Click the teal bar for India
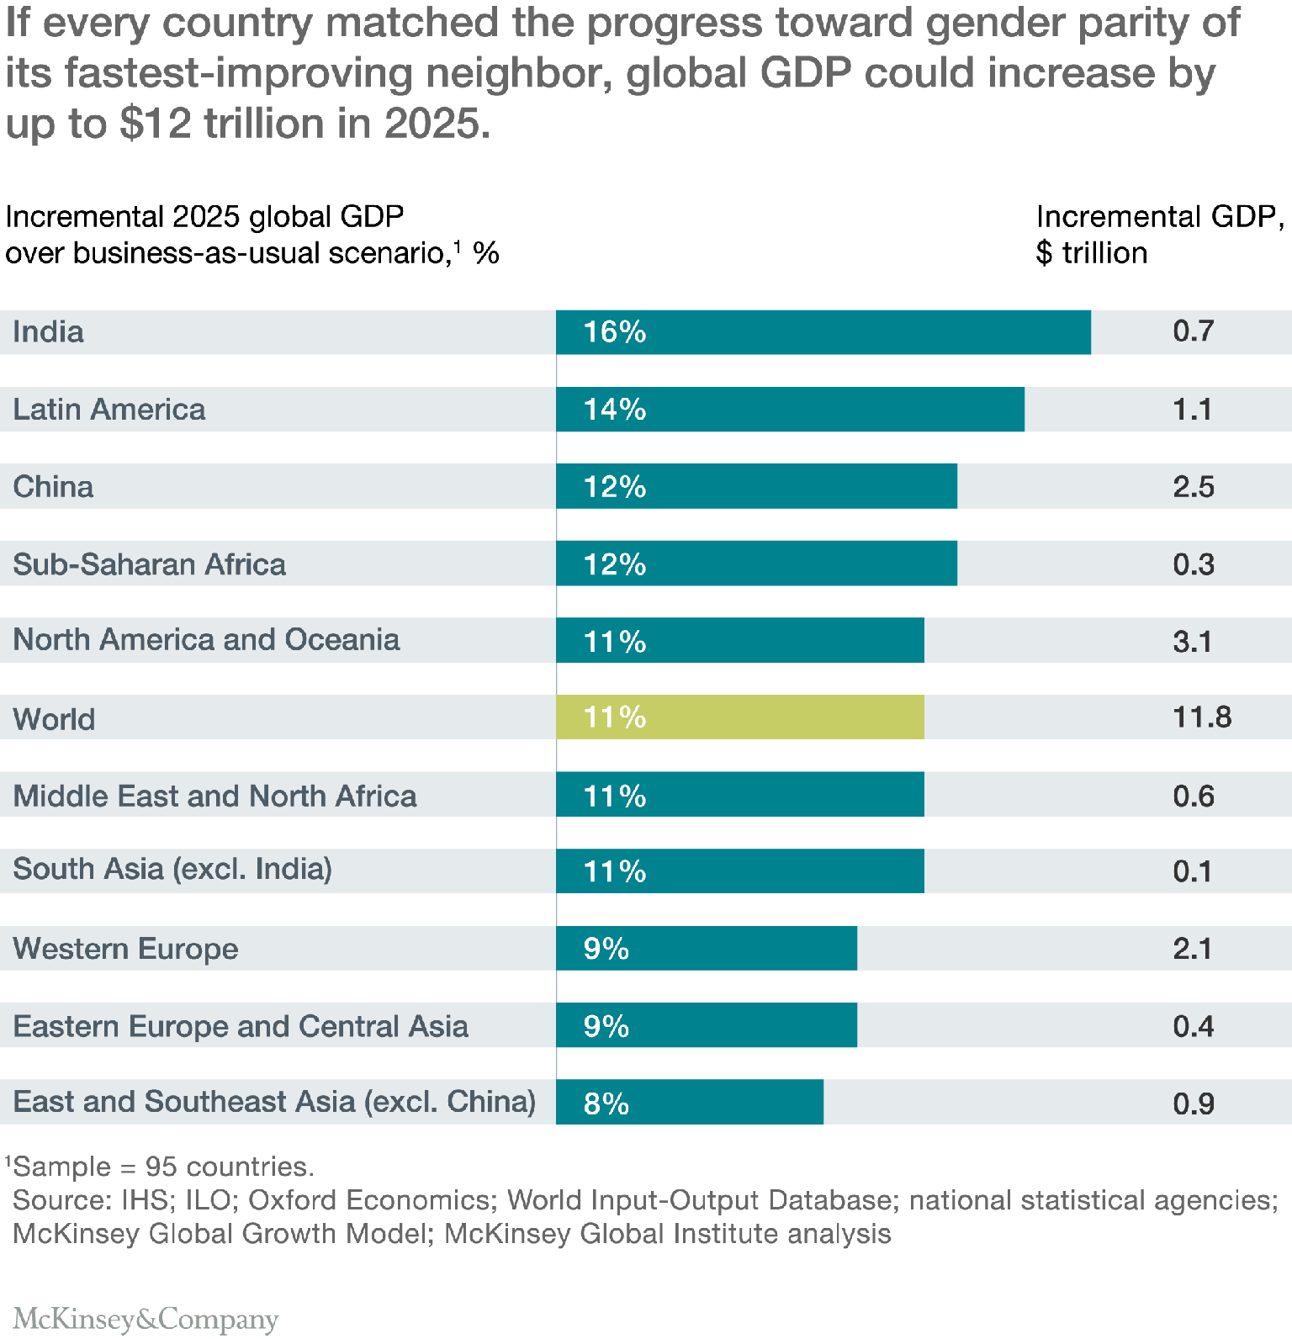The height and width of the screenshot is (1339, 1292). [x=823, y=332]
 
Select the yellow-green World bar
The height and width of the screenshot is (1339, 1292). [x=739, y=717]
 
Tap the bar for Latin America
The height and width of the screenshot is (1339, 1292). [x=790, y=410]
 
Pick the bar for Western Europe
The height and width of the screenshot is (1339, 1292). [x=706, y=949]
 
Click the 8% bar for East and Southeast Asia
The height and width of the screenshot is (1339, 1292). [x=689, y=1103]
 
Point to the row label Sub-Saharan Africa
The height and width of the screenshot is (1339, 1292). [x=149, y=564]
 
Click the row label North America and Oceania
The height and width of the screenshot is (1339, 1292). [x=206, y=640]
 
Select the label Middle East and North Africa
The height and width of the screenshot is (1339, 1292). [x=214, y=796]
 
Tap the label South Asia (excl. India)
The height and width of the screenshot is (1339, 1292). [x=172, y=869]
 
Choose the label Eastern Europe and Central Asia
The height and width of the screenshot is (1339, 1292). [x=241, y=1026]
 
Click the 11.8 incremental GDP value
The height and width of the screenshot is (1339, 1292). [x=1202, y=717]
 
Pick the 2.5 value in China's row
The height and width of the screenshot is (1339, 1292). [x=1194, y=487]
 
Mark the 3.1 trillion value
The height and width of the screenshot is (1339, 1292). [x=1192, y=642]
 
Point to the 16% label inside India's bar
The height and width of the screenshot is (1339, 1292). [x=615, y=332]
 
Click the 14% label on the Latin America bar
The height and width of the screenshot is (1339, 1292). [x=615, y=410]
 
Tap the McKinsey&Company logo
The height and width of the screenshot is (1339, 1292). [x=146, y=1319]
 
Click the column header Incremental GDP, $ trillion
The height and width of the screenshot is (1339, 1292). [x=1159, y=235]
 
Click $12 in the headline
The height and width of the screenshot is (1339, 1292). [x=156, y=124]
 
